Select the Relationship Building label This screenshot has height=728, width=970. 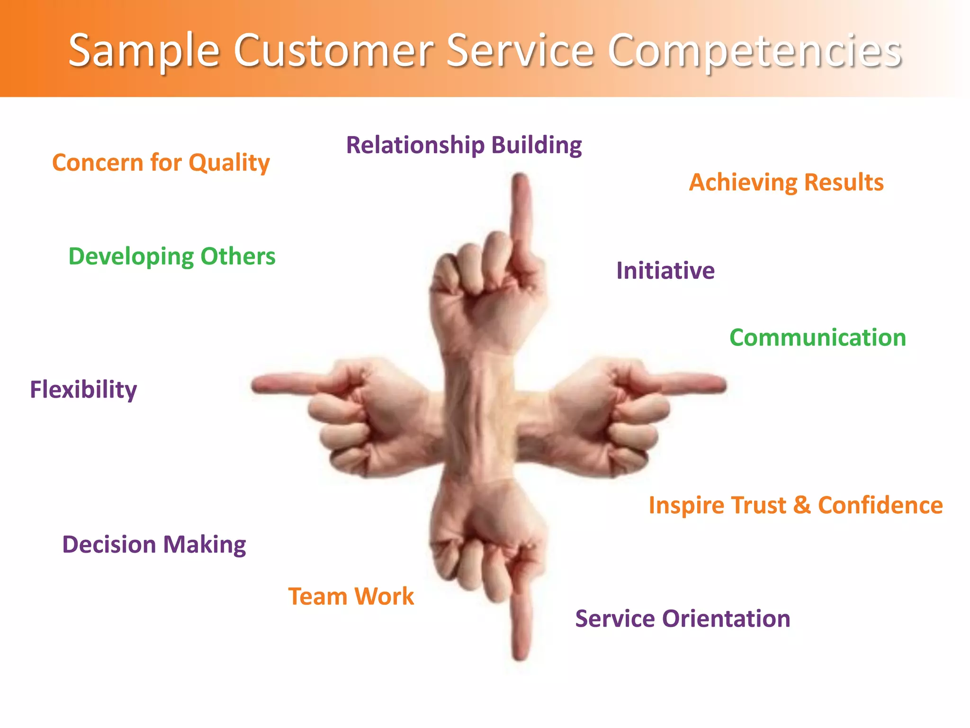[464, 145]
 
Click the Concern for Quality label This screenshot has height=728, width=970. [161, 163]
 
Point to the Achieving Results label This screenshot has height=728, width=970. [786, 182]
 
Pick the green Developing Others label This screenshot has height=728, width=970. [171, 256]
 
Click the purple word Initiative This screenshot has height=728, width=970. [665, 271]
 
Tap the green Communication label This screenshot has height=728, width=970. [817, 337]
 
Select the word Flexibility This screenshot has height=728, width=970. [83, 390]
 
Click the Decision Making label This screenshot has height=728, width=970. [154, 544]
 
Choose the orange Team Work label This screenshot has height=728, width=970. [351, 596]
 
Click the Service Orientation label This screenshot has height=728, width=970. [683, 619]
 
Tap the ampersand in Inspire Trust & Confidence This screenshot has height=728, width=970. [801, 505]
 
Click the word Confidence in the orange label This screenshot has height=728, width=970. [880, 505]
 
